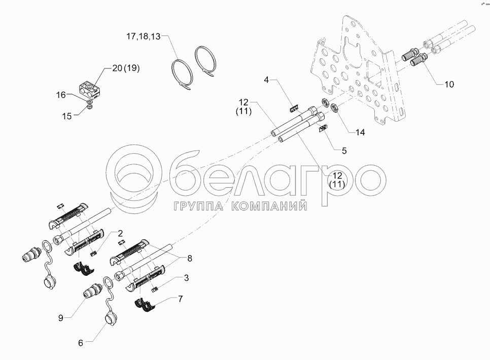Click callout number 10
[449, 84]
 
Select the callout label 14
[360, 132]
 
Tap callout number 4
[266, 80]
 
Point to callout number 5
[344, 151]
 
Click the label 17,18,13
[143, 37]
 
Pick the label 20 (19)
[126, 68]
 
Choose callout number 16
[61, 95]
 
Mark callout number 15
[67, 116]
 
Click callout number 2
[120, 233]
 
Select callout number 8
[189, 259]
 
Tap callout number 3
[186, 278]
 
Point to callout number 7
[180, 299]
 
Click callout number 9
[61, 318]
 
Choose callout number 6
[81, 343]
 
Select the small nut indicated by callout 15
[89, 107]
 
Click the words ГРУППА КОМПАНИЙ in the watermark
[240, 206]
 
